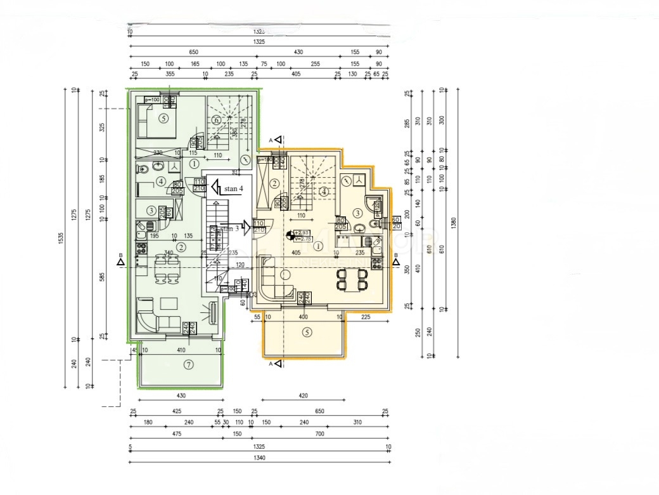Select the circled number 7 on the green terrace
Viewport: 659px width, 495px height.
point(188,364)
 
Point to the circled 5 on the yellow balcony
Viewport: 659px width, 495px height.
point(307,332)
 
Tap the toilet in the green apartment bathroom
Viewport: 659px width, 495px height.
point(143,169)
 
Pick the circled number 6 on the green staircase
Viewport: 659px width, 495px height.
point(216,120)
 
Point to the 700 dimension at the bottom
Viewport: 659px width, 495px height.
point(319,434)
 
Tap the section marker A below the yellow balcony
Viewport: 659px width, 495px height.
point(271,364)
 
